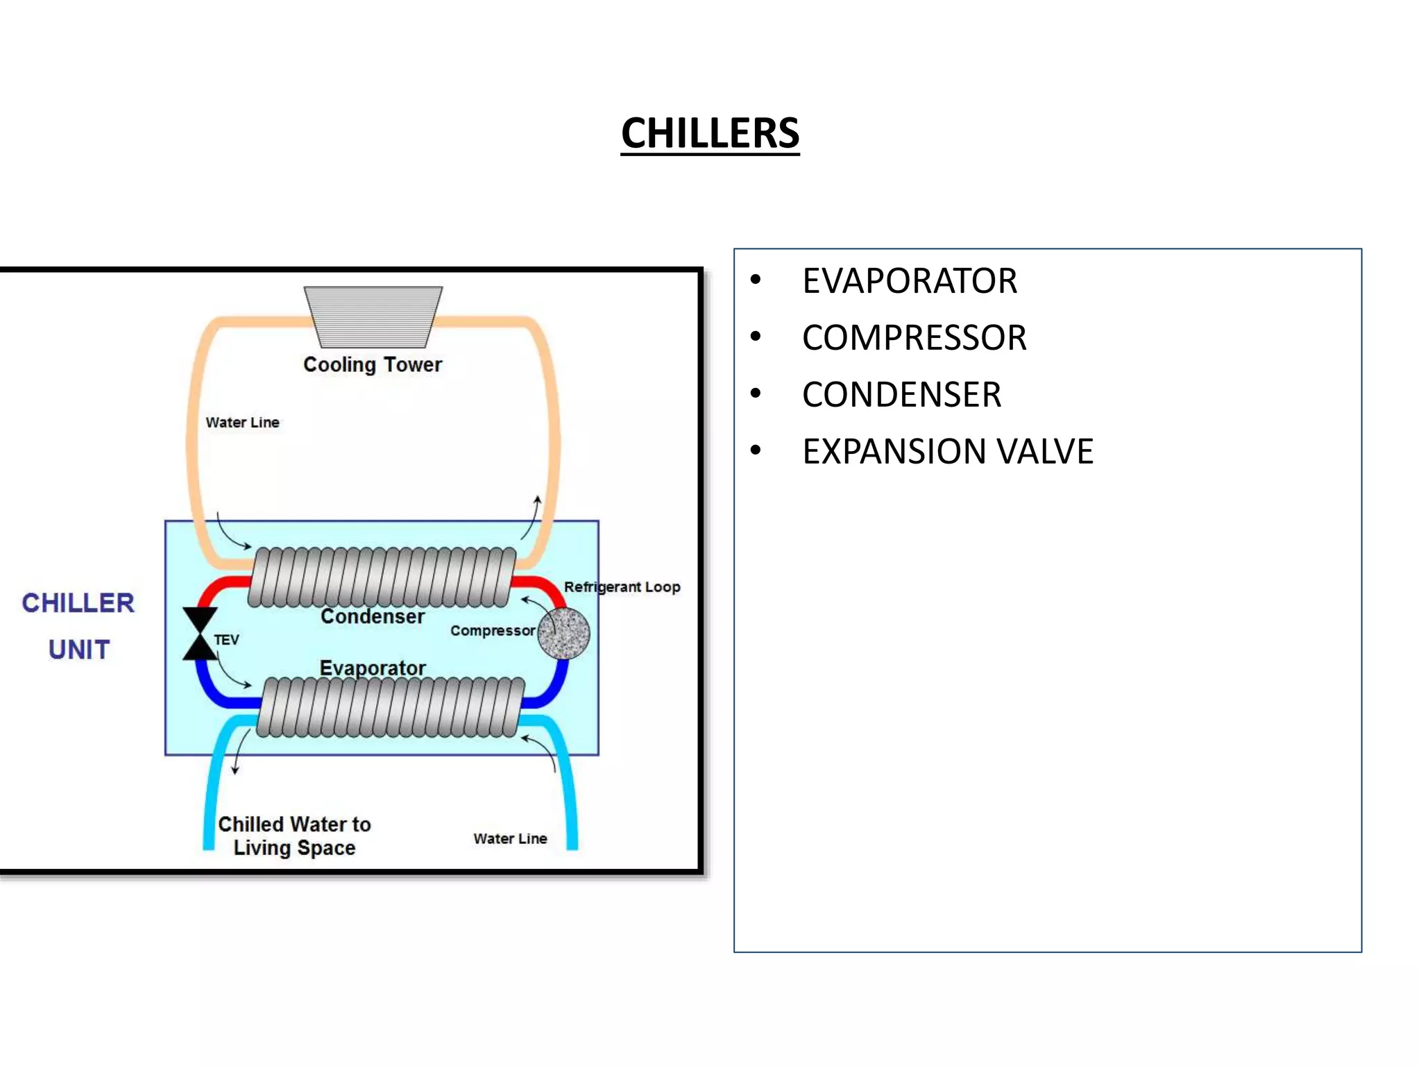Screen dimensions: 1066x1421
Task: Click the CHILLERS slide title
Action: tap(710, 133)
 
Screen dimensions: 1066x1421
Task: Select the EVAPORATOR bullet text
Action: tap(909, 281)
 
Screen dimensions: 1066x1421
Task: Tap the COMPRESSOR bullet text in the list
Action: tap(914, 338)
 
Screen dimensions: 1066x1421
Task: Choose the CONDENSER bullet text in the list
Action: tap(901, 395)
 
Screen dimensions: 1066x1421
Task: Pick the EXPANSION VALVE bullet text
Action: tap(947, 452)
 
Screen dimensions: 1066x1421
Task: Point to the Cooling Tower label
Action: tap(373, 364)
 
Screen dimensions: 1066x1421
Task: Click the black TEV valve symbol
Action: tap(200, 634)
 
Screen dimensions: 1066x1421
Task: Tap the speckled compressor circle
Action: tap(563, 633)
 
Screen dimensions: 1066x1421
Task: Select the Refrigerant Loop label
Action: tap(622, 587)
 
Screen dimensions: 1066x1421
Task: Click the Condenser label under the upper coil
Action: tap(373, 616)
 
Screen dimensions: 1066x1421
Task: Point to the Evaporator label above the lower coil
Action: tap(373, 668)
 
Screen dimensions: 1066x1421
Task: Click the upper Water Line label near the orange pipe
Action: tap(242, 423)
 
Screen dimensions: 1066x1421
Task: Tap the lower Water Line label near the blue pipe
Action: tap(510, 838)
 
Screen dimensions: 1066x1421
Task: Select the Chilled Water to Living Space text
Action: tap(294, 836)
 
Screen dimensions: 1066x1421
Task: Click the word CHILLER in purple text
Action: tap(78, 603)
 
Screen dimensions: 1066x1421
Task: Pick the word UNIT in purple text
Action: tap(79, 650)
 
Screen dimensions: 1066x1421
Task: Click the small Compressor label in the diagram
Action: tap(492, 631)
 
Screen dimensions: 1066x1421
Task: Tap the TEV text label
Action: tap(227, 640)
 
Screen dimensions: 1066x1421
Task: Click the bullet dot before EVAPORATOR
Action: tap(756, 280)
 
